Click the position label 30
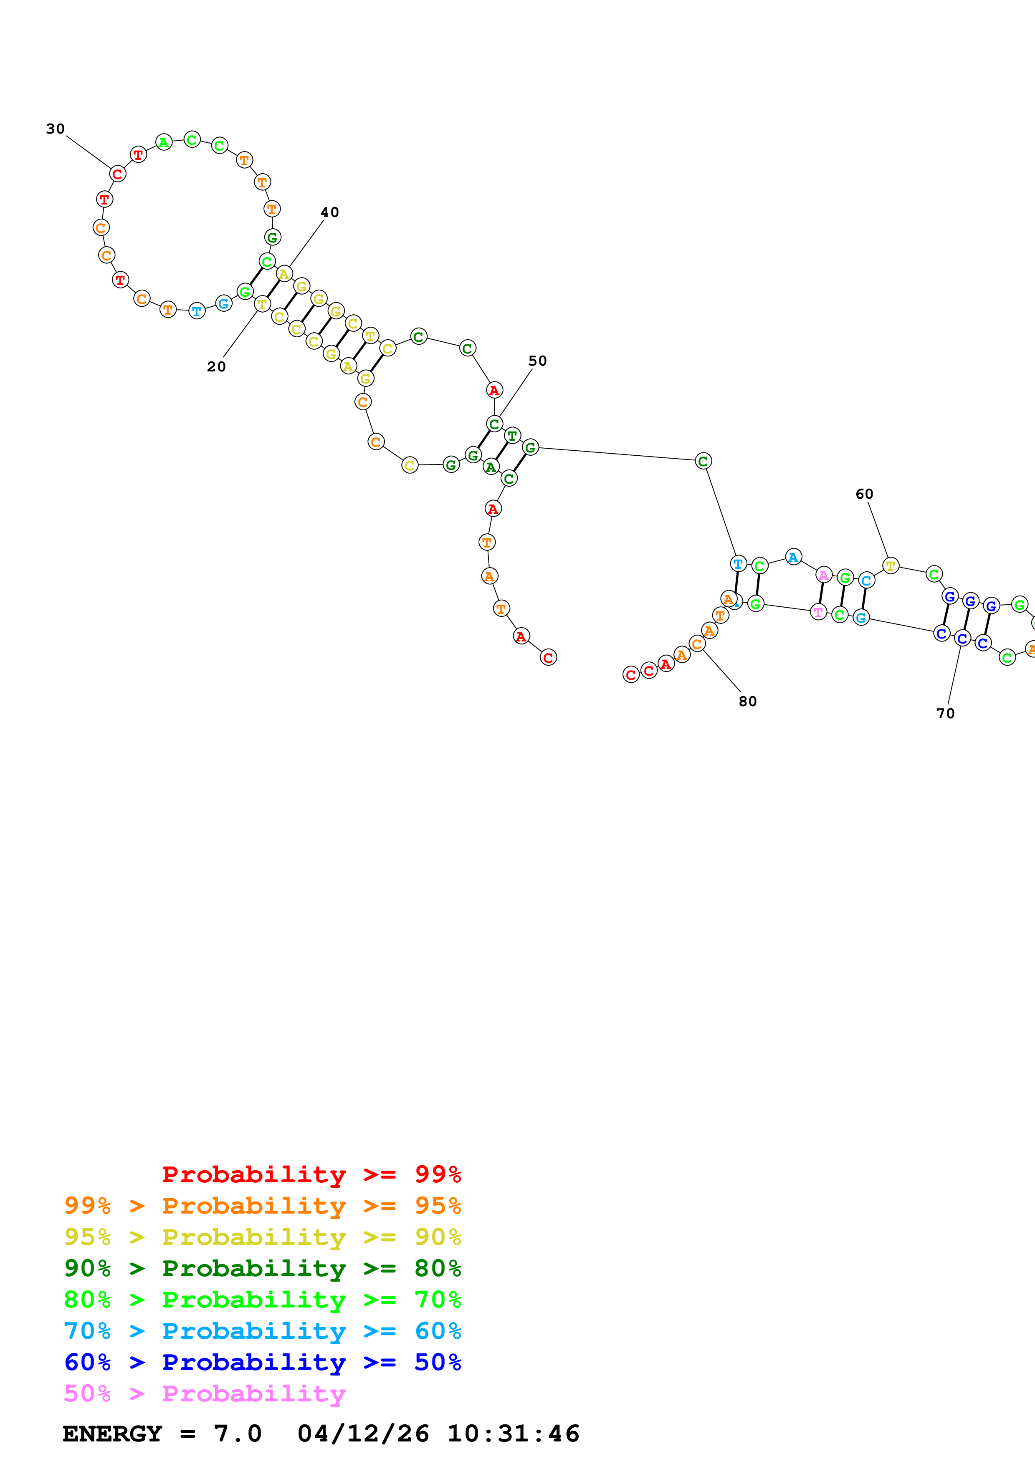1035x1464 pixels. [56, 129]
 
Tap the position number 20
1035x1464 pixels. [216, 367]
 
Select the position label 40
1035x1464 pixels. [330, 212]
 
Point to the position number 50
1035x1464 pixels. [538, 361]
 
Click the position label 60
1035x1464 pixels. [864, 494]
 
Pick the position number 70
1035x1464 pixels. [945, 714]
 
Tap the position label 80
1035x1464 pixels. [747, 702]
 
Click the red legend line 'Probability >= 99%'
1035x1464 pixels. [311, 1174]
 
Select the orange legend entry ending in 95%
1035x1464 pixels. [262, 1205]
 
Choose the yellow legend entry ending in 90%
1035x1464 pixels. [262, 1237]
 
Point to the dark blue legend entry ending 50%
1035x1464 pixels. [262, 1362]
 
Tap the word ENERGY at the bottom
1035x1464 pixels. [112, 1434]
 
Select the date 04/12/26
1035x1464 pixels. [363, 1434]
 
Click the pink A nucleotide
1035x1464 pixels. [824, 575]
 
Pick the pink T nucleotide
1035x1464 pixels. [818, 612]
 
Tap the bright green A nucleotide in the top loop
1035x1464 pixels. [164, 143]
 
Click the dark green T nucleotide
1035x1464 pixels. [512, 436]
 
